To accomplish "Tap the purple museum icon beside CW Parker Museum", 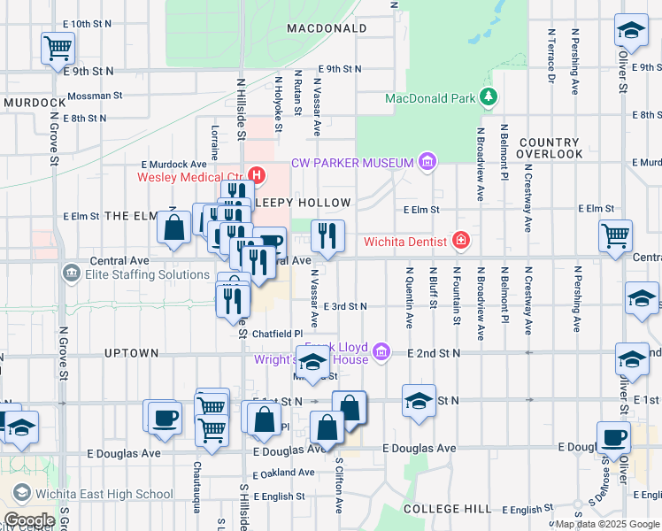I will click(427, 162).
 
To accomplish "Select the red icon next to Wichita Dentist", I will click(460, 240).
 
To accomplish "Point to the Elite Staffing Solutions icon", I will click(71, 274).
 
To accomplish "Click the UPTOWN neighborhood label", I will click(131, 353).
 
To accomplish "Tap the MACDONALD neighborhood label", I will click(327, 28).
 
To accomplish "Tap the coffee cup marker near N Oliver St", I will click(613, 436).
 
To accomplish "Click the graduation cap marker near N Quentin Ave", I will click(419, 399).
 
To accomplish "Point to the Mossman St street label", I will click(95, 95).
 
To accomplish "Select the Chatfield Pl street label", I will click(278, 334).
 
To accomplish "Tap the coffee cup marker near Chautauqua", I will click(164, 417).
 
